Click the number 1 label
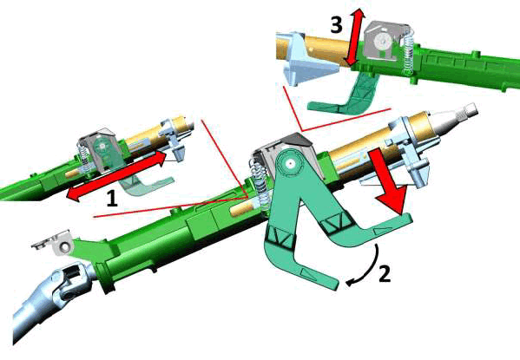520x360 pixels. coord(110,198)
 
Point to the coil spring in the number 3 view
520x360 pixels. coord(405,52)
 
